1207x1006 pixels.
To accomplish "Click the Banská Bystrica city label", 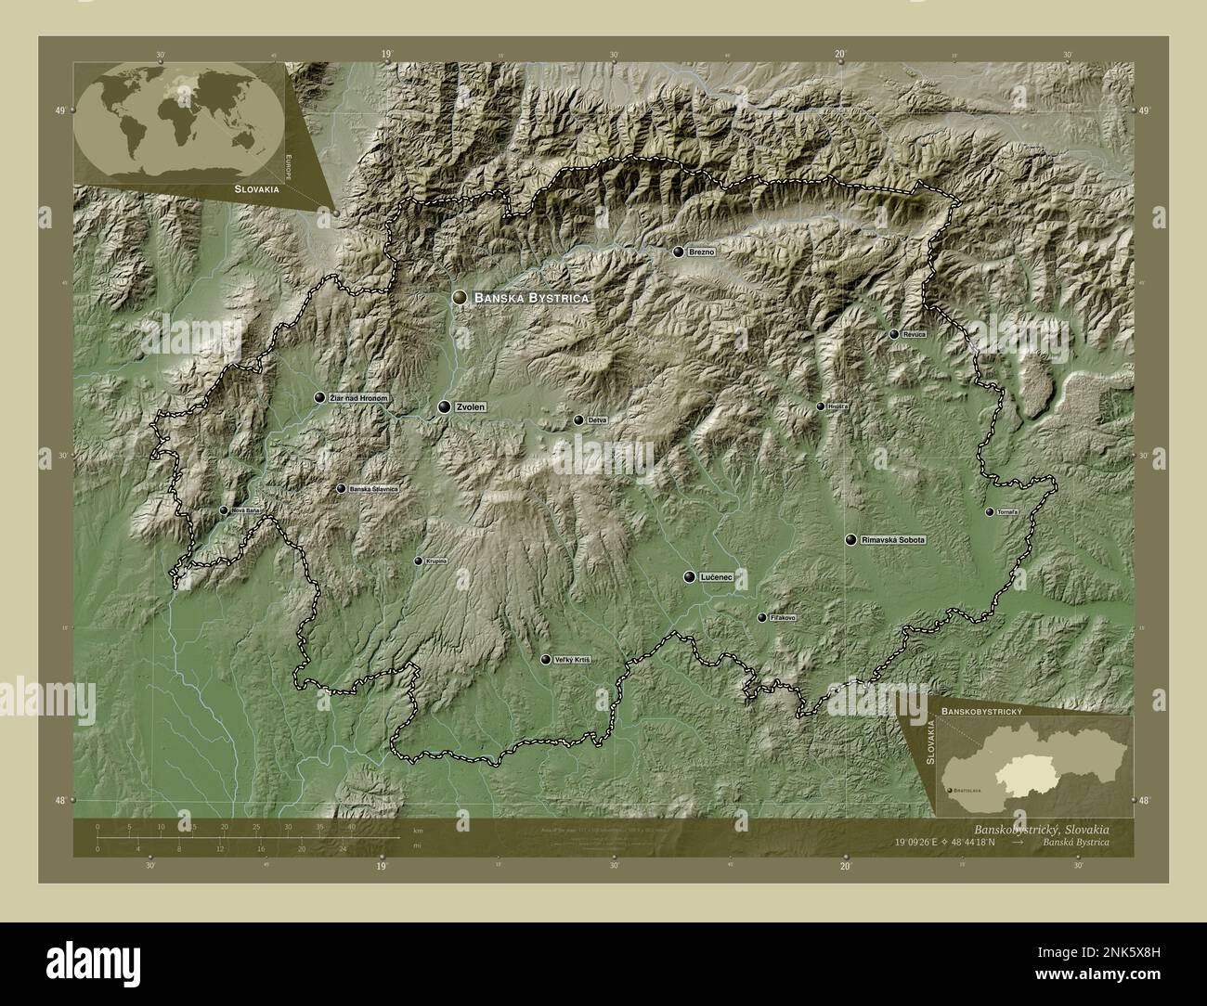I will [532, 298].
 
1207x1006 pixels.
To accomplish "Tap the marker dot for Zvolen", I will [445, 406].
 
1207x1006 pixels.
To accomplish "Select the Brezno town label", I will [702, 252].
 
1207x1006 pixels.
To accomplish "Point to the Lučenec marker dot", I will [689, 577].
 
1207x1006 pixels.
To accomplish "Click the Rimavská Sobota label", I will [894, 539].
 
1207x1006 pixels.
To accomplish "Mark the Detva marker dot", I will [578, 420].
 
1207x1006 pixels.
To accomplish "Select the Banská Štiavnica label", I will [373, 488].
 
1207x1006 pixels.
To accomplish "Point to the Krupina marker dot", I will [418, 561].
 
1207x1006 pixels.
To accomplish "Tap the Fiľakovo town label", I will [783, 618].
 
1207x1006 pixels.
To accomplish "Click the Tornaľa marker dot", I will [989, 512].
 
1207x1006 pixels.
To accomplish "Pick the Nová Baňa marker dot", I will [224, 510].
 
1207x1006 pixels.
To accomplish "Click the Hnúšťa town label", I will [838, 406].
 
